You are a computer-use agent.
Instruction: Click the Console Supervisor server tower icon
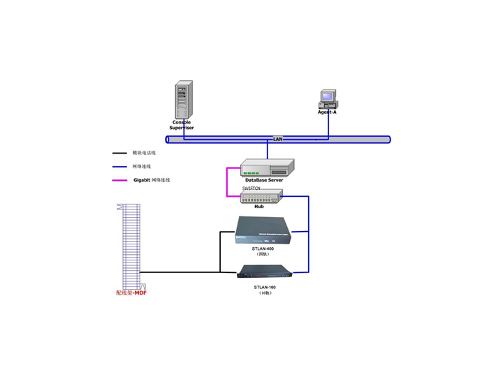click(x=183, y=101)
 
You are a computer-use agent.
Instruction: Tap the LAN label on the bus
click(x=277, y=140)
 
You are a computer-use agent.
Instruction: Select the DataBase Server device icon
click(x=267, y=168)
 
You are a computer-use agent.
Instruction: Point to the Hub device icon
click(x=260, y=198)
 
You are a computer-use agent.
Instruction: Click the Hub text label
click(x=258, y=207)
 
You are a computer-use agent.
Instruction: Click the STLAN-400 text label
click(x=263, y=249)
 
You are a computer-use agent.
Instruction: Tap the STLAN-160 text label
click(x=264, y=287)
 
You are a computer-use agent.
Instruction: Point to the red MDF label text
click(x=131, y=293)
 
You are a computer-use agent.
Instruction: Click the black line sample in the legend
click(x=119, y=153)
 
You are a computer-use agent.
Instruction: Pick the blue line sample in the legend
click(x=119, y=167)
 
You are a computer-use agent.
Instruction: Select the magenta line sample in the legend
click(x=119, y=180)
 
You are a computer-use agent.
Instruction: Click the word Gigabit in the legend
click(x=142, y=180)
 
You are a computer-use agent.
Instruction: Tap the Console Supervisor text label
click(x=182, y=125)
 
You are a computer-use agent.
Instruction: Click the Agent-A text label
click(x=327, y=112)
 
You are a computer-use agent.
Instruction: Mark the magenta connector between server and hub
click(x=226, y=183)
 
